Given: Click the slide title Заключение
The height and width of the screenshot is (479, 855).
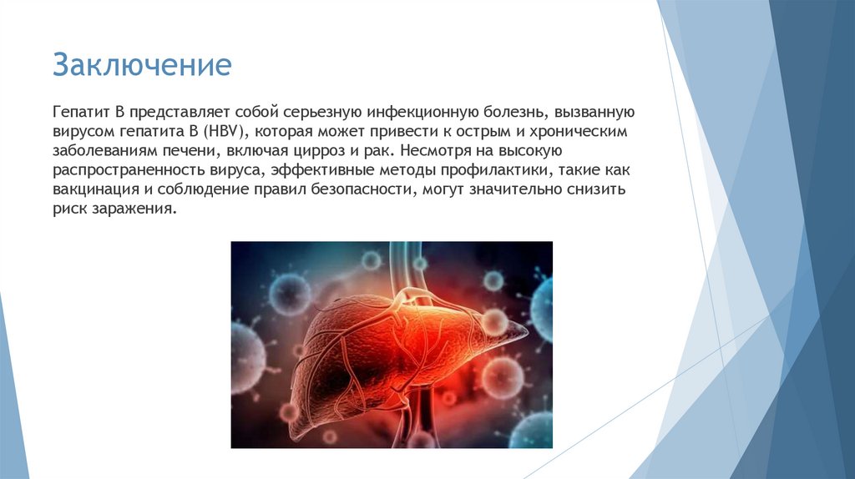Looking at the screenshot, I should pyautogui.click(x=142, y=64).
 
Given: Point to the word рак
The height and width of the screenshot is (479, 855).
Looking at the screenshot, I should pyautogui.click(x=382, y=152).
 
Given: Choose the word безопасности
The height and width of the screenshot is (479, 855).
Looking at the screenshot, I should pyautogui.click(x=362, y=190).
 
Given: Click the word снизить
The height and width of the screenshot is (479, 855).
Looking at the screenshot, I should pyautogui.click(x=609, y=190).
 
